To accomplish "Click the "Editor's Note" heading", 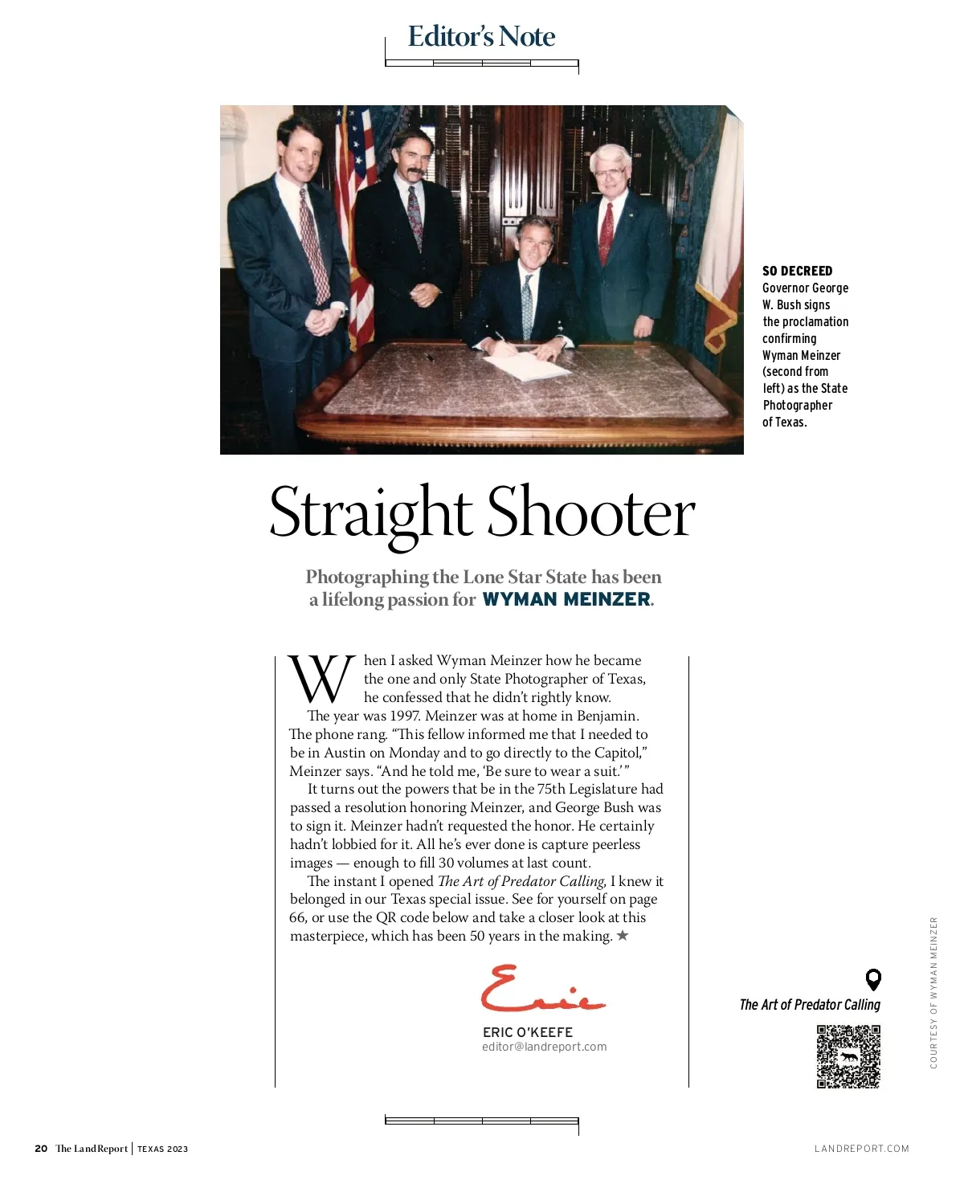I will pyautogui.click(x=481, y=37).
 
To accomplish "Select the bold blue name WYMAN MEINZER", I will pyautogui.click(x=566, y=599).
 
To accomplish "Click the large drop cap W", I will pyautogui.click(x=321, y=680).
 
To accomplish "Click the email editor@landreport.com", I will pyautogui.click(x=544, y=1047).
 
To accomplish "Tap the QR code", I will pyautogui.click(x=848, y=1056).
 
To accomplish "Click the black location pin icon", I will pyautogui.click(x=873, y=979).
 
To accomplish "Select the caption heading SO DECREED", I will pyautogui.click(x=797, y=271).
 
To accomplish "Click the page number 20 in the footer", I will pyautogui.click(x=41, y=1149).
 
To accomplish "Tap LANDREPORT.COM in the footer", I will pyautogui.click(x=861, y=1149).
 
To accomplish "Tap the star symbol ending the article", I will pyautogui.click(x=623, y=936).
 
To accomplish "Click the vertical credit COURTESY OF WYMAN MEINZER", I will pyautogui.click(x=933, y=993).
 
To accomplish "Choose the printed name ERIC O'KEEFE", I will pyautogui.click(x=527, y=1032).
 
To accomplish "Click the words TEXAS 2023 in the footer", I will pyautogui.click(x=162, y=1149).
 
